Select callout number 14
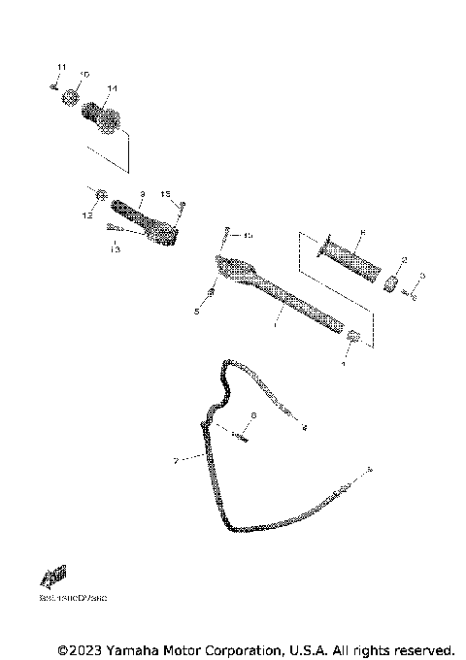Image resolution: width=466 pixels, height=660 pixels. click(x=112, y=88)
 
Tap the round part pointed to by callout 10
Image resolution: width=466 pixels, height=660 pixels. click(x=70, y=97)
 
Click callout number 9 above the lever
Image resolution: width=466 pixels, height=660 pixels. click(x=141, y=193)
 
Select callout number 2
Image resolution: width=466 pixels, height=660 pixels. click(x=405, y=259)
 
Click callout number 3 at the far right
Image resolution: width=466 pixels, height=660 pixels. click(x=422, y=276)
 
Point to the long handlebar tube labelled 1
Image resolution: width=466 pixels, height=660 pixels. click(x=291, y=295)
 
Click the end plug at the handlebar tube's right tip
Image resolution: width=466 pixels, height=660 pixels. click(x=353, y=337)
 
